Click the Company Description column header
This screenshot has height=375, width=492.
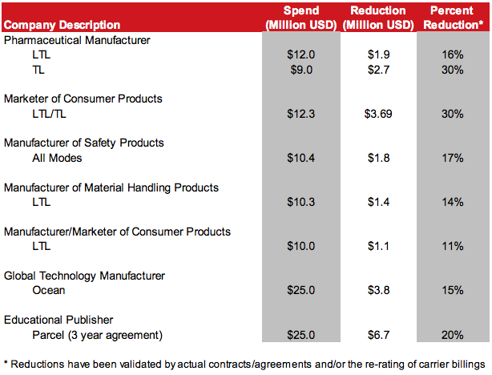click(x=63, y=25)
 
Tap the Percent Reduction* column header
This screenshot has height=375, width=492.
click(x=452, y=18)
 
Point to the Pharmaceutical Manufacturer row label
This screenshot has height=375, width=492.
click(x=77, y=39)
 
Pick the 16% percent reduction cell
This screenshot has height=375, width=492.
click(x=452, y=54)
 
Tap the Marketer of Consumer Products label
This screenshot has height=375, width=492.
click(x=83, y=99)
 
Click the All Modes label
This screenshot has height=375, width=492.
click(x=58, y=158)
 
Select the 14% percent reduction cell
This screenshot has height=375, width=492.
click(x=452, y=202)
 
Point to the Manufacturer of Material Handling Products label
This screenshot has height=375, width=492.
click(x=111, y=187)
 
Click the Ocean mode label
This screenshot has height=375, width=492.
click(x=49, y=291)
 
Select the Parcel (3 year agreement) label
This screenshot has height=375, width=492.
click(x=98, y=335)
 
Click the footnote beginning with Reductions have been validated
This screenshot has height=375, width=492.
click(x=245, y=364)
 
